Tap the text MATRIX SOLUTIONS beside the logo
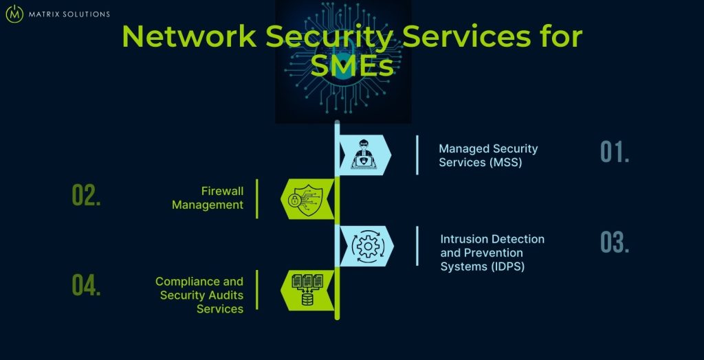[x=68, y=14]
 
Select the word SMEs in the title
[x=351, y=67]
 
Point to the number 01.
[x=615, y=153]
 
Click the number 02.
[x=87, y=196]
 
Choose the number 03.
[x=615, y=243]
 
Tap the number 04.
[x=87, y=286]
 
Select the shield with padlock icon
[x=300, y=200]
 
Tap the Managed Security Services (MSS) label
[x=488, y=155]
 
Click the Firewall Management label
[x=208, y=198]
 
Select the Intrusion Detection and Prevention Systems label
[x=492, y=253]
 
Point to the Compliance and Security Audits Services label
[x=199, y=295]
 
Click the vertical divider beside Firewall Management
[x=257, y=199]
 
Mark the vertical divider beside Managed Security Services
[x=417, y=155]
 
